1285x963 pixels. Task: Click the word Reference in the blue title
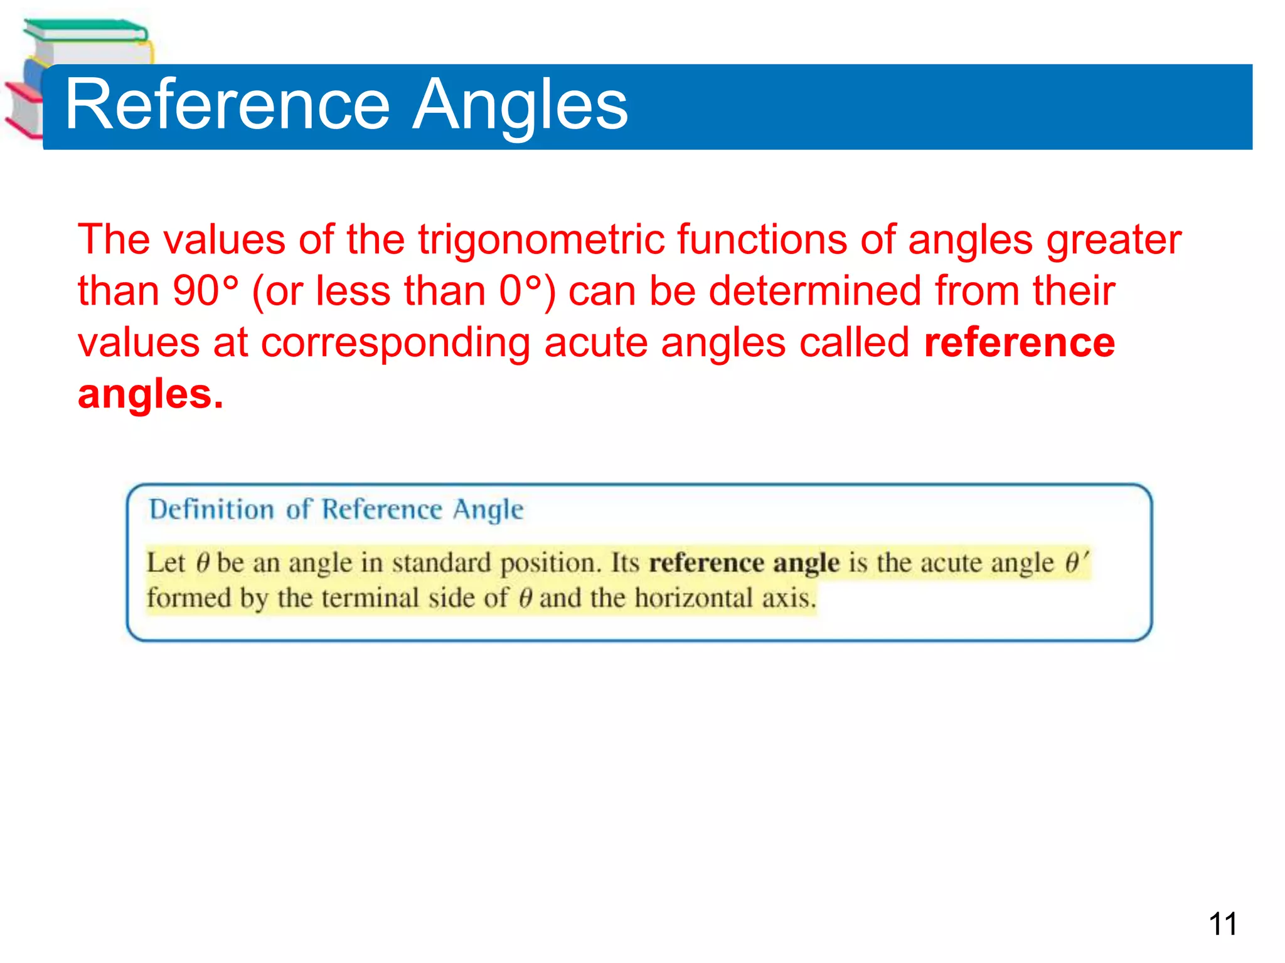(x=227, y=105)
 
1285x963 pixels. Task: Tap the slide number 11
(x=1222, y=924)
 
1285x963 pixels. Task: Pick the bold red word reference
(x=1019, y=343)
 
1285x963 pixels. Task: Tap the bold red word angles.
(x=149, y=394)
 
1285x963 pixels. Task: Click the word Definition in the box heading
(x=211, y=509)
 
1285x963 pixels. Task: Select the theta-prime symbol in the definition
(x=1075, y=562)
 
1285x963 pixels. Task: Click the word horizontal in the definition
(x=693, y=597)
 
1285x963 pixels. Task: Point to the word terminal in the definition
(x=370, y=597)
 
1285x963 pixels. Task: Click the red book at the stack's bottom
(x=22, y=110)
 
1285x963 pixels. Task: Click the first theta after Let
(x=202, y=562)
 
